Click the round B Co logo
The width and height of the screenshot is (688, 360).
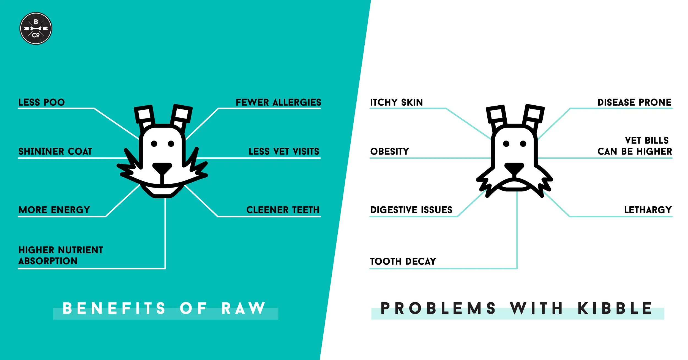[36, 28]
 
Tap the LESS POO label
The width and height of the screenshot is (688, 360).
[42, 102]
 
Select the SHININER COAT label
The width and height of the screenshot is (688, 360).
[55, 151]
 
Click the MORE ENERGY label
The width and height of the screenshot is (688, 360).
[54, 210]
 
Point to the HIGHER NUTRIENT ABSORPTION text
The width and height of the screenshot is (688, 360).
[61, 255]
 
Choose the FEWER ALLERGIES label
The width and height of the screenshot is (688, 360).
[278, 102]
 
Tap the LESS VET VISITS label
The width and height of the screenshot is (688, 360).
[284, 151]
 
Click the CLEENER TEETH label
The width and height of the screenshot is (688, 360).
[283, 210]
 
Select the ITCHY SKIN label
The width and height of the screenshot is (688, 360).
[396, 102]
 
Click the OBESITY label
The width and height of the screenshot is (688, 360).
[390, 151]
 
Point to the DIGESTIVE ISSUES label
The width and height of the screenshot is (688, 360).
[411, 210]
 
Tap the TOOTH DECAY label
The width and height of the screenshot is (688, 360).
[403, 261]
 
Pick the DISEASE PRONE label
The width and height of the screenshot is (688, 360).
[634, 102]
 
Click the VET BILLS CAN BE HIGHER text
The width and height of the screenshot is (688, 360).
[635, 146]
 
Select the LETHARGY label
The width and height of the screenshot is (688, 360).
[648, 210]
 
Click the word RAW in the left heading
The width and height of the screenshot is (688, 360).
[243, 308]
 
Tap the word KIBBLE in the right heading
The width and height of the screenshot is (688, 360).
[615, 308]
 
